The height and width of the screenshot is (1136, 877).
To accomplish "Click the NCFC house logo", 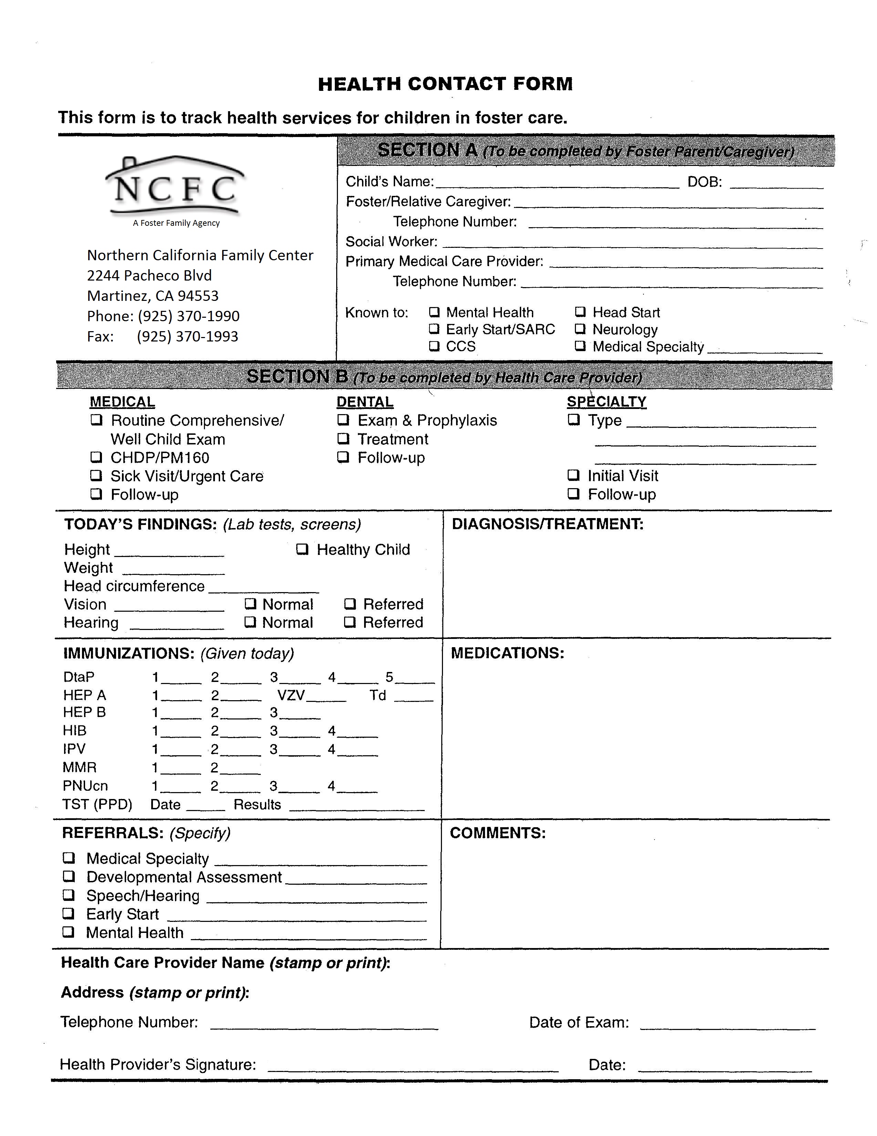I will click(x=175, y=186).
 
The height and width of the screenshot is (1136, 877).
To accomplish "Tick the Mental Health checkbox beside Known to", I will click(x=434, y=312).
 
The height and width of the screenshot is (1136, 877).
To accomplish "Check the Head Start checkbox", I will click(x=580, y=312).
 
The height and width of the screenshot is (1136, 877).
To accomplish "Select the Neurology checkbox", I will click(x=580, y=329).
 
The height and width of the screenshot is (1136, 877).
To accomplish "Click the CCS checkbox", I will click(x=434, y=346).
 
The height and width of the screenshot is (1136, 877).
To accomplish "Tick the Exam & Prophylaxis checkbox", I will click(x=343, y=420).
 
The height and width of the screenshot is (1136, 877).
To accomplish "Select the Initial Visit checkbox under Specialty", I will click(x=574, y=475).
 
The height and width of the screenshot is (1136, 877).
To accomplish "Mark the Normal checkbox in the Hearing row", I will click(x=251, y=622).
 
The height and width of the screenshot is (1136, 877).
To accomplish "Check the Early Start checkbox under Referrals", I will click(x=69, y=914).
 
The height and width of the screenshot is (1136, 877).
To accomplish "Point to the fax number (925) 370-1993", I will click(x=187, y=337).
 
